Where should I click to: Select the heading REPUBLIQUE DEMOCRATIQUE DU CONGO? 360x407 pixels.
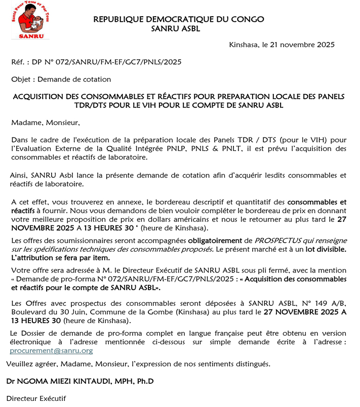pos(179,19)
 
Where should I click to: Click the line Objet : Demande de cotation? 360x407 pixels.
pos(61,79)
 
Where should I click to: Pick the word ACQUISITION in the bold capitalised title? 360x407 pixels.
pos(38,96)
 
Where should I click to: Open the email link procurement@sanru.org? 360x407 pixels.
pos(52,350)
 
